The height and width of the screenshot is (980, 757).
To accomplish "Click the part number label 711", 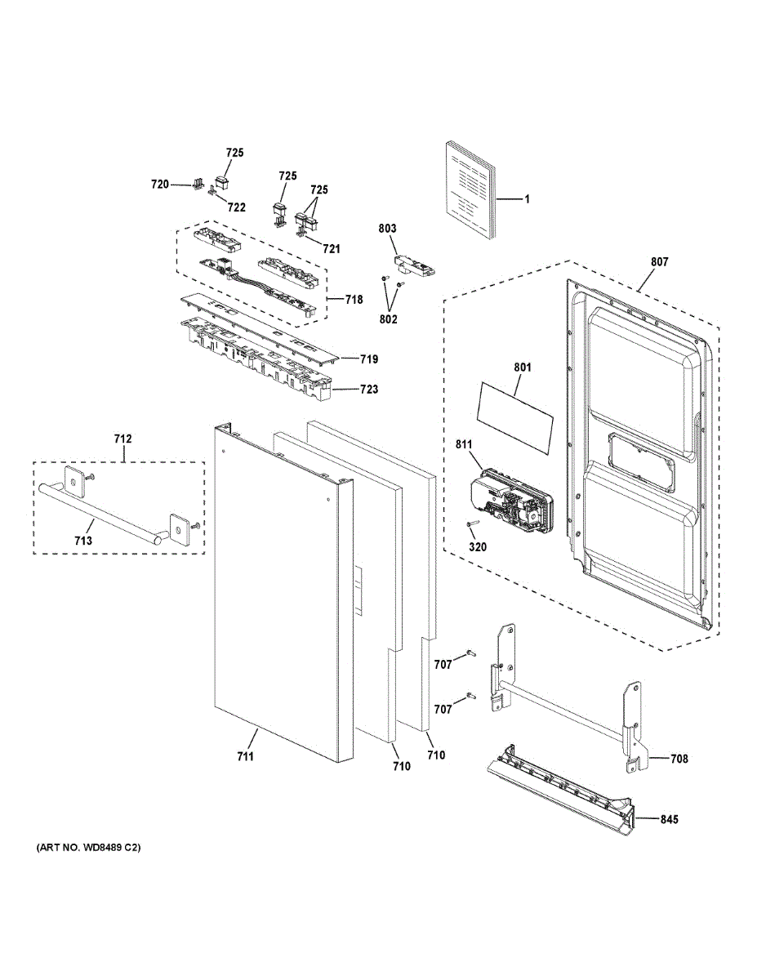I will pos(245,756).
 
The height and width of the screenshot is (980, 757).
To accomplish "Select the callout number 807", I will pos(659,262).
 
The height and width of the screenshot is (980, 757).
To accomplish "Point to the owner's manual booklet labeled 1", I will pos(471,191).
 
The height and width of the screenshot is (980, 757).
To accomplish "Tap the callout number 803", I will pos(387,229).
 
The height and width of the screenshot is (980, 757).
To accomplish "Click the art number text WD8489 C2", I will pos(89,848).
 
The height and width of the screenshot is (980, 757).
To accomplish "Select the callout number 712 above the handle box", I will pos(122,439).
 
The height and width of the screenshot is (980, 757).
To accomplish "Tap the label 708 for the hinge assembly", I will pos(679,759).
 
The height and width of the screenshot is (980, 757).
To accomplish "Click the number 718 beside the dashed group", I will pos(353,300).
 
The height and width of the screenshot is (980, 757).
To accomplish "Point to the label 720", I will pos(160,185).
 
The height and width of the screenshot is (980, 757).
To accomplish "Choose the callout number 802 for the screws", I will pos(388,319).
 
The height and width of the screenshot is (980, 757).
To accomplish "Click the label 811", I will pos(464,445).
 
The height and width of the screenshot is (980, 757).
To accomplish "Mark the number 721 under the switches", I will pos(332,248).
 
